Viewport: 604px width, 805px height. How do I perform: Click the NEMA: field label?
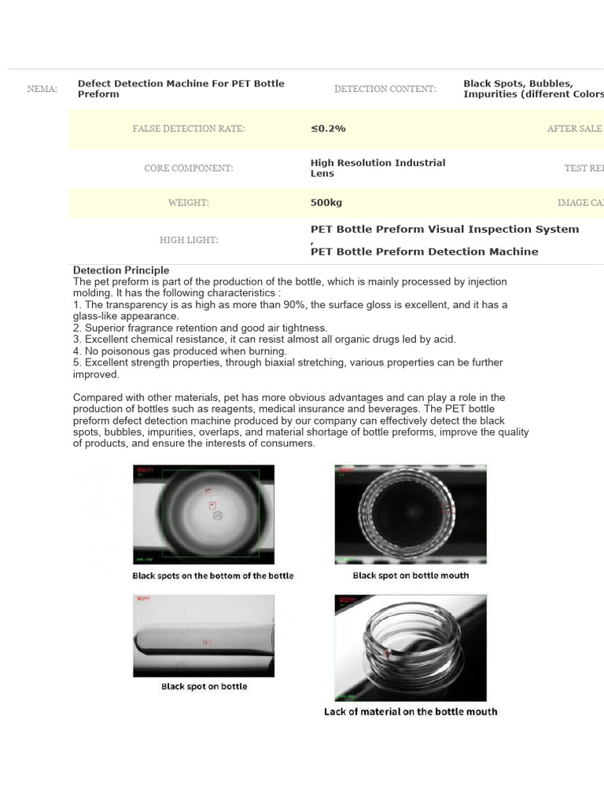coord(42,89)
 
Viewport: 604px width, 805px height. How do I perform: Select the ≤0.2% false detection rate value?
coord(328,128)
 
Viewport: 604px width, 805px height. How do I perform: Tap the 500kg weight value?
coord(326,203)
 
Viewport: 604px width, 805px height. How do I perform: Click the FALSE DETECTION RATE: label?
coord(189,128)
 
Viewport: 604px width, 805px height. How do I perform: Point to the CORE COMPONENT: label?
coord(189,168)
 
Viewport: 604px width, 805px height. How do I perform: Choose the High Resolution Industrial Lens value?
coord(377,168)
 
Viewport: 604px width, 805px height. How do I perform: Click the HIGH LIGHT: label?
coord(189,241)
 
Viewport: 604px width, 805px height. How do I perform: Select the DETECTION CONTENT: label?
coord(385,89)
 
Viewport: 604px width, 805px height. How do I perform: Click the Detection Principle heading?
coord(121,270)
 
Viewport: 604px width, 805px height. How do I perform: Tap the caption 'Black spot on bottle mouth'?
coord(411,575)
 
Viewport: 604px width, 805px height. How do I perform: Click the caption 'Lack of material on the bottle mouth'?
coord(411,711)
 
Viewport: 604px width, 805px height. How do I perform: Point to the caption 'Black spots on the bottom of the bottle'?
coord(212,575)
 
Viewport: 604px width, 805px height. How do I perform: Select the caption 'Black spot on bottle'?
coord(204,686)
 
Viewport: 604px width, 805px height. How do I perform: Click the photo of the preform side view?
coord(204,635)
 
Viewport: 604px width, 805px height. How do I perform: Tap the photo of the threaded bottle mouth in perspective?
coord(411,647)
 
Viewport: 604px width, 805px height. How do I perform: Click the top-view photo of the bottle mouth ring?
coord(411,514)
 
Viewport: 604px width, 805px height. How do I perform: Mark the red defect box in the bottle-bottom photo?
coord(212,505)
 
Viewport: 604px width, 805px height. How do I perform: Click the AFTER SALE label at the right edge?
coord(575,128)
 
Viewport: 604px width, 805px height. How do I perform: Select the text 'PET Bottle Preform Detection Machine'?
coord(425,252)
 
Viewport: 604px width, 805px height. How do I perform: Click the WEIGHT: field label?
coord(189,203)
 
